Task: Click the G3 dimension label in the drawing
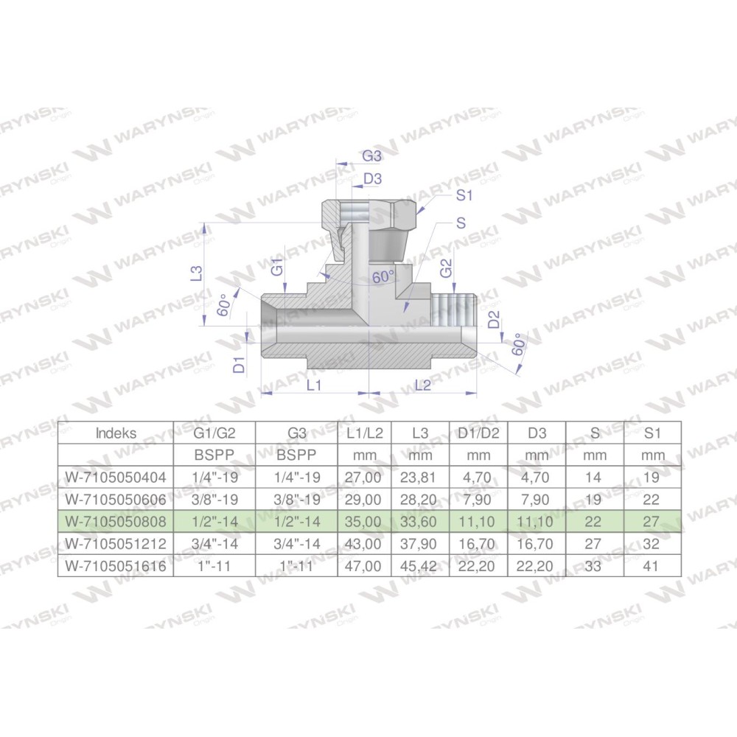click(x=371, y=156)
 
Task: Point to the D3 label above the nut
click(x=372, y=179)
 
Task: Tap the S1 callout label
click(x=464, y=195)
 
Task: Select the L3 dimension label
click(x=198, y=273)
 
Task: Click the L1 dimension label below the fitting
click(x=314, y=385)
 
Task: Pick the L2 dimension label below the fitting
click(x=423, y=385)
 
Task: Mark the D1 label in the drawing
click(x=240, y=365)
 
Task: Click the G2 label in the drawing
click(x=446, y=268)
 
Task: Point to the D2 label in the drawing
click(x=494, y=320)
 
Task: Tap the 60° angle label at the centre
click(x=383, y=277)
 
